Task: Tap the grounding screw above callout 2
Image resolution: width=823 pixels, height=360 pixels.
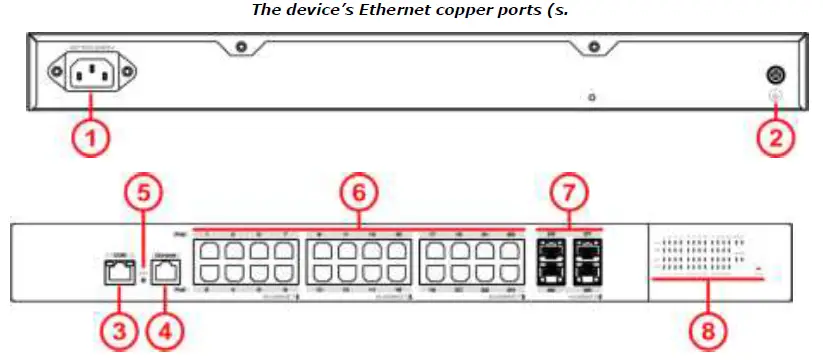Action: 775,74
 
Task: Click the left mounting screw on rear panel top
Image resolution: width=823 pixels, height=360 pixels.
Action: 240,46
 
